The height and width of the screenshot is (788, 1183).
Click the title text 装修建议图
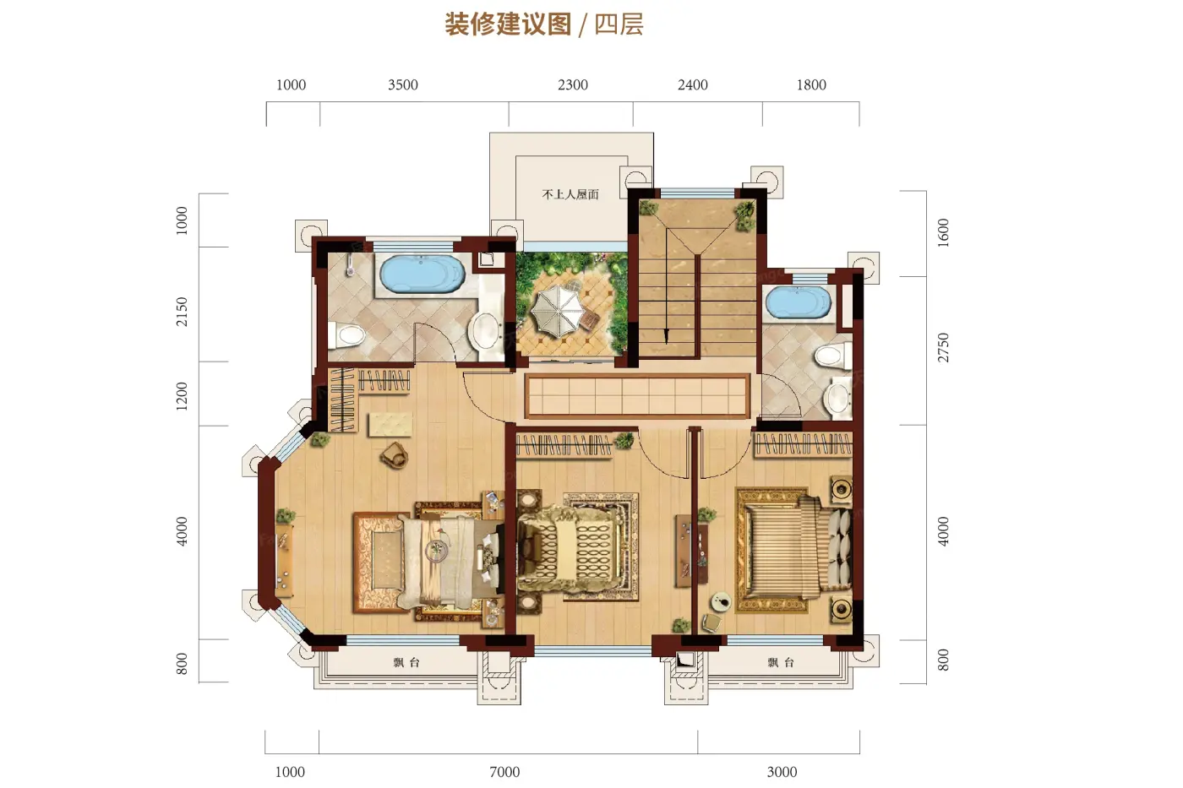pos(508,24)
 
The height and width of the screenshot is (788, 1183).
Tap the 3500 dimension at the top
pos(403,85)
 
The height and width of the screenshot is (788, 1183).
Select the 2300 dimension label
pos(573,85)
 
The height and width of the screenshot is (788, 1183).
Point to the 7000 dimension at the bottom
pos(504,772)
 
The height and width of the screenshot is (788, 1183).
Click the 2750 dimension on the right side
pos(943,348)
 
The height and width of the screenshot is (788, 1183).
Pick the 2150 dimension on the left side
pos(182,312)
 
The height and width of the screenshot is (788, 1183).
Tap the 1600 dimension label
pos(943,232)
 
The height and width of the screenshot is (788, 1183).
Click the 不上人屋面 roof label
pos(570,194)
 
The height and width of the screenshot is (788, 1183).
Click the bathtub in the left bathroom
pos(422,274)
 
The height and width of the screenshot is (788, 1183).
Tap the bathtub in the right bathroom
pos(799,303)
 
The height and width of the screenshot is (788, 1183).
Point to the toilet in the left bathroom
pos(348,335)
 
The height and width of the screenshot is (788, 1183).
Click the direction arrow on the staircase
pos(667,334)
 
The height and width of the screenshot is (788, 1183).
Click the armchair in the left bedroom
pos(394,457)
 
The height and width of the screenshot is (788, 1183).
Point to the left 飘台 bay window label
pos(406,663)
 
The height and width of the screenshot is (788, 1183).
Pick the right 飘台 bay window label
pos(781,663)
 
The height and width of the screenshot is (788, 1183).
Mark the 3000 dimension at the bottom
pos(782,772)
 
